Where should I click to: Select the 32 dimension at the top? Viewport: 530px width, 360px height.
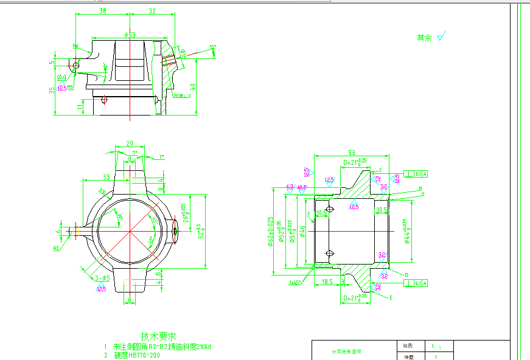point(152,11)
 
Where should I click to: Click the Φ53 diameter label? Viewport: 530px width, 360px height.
point(129,35)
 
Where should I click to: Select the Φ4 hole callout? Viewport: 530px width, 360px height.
point(61,78)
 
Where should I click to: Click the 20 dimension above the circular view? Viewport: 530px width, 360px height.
point(129,144)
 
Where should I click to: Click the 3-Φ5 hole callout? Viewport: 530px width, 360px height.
point(102,279)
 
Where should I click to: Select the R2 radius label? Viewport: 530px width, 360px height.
point(56,249)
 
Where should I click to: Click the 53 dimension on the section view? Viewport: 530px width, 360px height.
point(351,153)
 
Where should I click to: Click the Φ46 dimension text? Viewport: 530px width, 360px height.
point(302,231)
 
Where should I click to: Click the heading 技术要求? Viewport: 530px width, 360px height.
point(158,336)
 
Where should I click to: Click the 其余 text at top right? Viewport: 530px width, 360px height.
point(424,38)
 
